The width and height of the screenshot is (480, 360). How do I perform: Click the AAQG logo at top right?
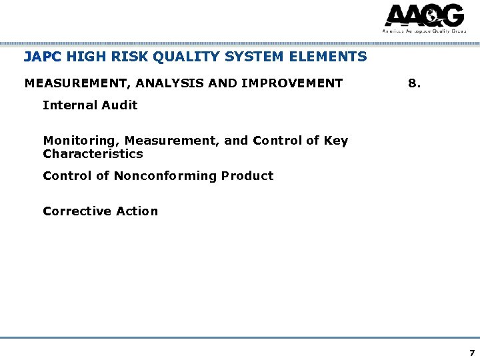(x=423, y=16)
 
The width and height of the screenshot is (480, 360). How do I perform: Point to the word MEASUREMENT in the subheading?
(x=70, y=83)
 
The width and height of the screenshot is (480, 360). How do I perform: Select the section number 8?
(x=414, y=83)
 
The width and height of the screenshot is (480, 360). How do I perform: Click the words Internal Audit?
(x=90, y=105)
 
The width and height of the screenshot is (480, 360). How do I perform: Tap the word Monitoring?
(x=80, y=141)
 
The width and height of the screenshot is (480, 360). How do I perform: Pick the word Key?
(x=335, y=141)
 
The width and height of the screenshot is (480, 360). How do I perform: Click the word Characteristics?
(x=93, y=154)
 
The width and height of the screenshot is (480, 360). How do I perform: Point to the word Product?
(x=247, y=176)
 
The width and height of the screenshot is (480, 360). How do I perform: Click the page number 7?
(x=472, y=353)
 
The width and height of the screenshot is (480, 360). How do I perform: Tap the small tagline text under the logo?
(x=423, y=31)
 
